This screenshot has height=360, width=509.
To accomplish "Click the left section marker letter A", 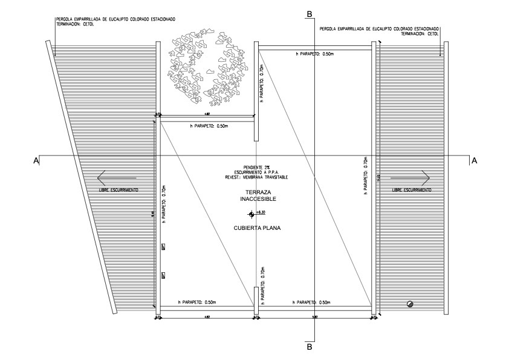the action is pyautogui.click(x=37, y=160).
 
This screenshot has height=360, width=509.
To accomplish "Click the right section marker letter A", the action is pyautogui.click(x=474, y=160).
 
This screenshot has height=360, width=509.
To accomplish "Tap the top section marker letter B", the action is pyautogui.click(x=310, y=13).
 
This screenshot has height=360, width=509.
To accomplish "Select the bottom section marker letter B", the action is pyautogui.click(x=310, y=347).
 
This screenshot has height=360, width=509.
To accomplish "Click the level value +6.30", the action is pyautogui.click(x=261, y=213).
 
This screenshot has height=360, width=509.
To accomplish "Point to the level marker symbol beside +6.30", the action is pyautogui.click(x=251, y=214).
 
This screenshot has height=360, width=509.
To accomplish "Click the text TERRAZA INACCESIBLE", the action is pyautogui.click(x=254, y=194).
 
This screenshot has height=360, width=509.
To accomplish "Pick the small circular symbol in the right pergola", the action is pyautogui.click(x=410, y=304).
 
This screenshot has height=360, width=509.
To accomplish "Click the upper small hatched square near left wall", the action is pyautogui.click(x=163, y=247).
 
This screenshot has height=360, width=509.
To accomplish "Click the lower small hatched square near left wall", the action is pyautogui.click(x=163, y=276).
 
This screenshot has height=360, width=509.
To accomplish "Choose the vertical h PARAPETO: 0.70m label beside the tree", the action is pyautogui.click(x=261, y=85).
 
